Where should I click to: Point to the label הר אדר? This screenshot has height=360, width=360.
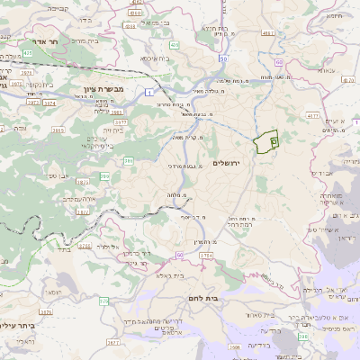tap(41, 41)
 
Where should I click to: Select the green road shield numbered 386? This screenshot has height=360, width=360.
tap(129, 161)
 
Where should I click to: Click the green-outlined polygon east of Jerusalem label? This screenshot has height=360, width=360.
tap(266, 142)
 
